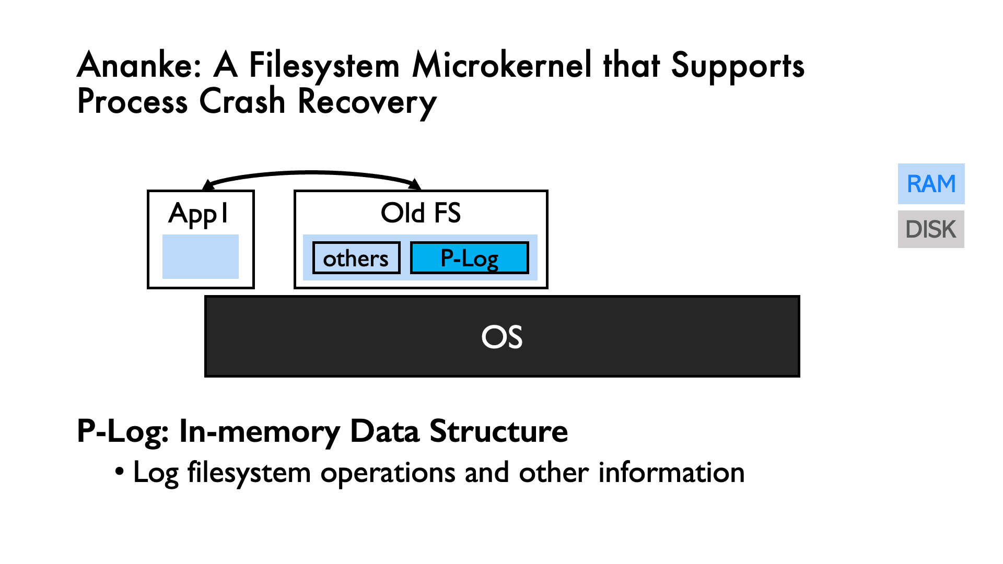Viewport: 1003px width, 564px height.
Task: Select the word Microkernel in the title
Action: coord(502,66)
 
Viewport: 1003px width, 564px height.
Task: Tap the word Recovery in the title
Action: coord(367,101)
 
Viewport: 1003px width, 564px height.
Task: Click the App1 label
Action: coord(199,213)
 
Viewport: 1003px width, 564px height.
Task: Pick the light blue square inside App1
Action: coord(201,256)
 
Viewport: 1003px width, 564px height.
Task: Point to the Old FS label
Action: coord(421,213)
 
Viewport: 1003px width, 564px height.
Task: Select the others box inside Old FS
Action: coord(356,258)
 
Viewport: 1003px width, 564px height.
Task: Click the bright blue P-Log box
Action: coord(469,258)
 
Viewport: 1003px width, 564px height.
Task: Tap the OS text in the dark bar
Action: coord(501,337)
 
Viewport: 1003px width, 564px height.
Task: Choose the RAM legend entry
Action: coord(931,184)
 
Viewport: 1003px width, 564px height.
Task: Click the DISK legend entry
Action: coord(931,229)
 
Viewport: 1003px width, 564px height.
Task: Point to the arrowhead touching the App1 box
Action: coord(208,185)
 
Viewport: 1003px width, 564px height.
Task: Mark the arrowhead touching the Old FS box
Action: coord(415,184)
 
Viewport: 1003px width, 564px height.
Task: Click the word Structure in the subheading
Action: coord(498,431)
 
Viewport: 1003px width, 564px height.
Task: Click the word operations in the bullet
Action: coord(388,473)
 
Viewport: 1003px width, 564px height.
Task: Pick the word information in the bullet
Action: coord(671,472)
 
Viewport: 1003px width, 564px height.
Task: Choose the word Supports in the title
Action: coord(737,66)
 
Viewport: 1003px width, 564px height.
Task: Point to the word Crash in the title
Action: coord(242,101)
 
